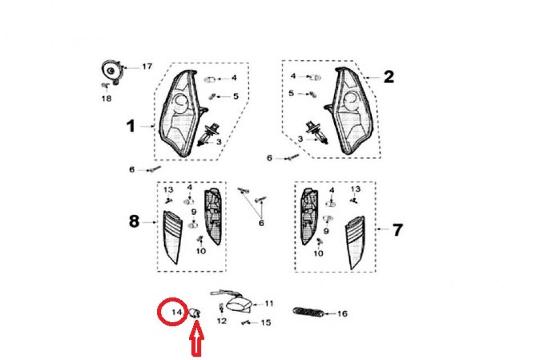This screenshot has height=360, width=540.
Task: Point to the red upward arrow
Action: [x=196, y=343]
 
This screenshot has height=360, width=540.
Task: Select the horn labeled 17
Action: [x=111, y=71]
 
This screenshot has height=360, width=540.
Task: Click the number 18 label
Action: [x=106, y=98]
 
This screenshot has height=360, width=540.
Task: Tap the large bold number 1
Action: [x=130, y=126]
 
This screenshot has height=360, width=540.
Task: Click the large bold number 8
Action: [x=134, y=222]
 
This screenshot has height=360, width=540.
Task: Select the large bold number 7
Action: [x=397, y=229]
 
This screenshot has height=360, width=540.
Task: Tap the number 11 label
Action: [x=269, y=303]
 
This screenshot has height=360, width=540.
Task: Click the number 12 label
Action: [x=222, y=321]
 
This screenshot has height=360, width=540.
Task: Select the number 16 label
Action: [x=342, y=313]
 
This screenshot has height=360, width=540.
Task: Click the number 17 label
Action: [x=146, y=66]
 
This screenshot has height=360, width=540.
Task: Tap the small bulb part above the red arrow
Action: [x=197, y=313]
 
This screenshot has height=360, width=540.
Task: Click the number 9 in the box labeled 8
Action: [x=193, y=211]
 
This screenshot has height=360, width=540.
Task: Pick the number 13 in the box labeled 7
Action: [x=355, y=189]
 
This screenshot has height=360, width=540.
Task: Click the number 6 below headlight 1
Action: [x=132, y=169]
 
